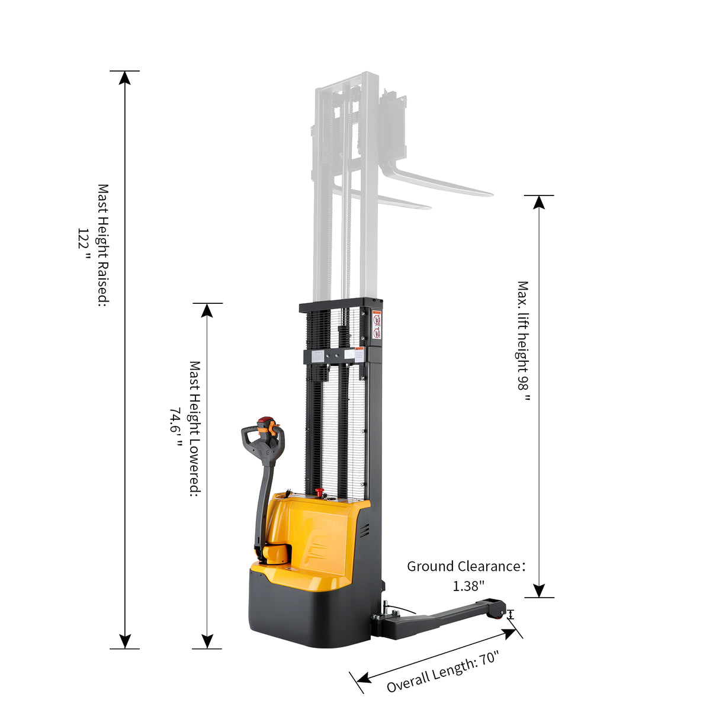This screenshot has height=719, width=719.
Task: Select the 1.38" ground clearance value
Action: click(x=468, y=586)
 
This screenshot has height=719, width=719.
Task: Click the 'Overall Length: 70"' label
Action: click(x=443, y=671)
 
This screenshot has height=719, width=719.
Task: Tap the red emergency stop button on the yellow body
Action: click(x=320, y=493)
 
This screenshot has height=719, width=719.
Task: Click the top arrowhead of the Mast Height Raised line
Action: click(x=124, y=78)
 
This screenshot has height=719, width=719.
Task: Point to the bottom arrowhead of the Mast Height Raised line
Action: click(x=124, y=641)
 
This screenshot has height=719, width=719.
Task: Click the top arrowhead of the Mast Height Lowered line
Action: click(x=207, y=310)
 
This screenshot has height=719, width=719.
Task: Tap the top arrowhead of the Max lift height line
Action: click(x=539, y=202)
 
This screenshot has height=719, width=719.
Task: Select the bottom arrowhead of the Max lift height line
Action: click(x=539, y=590)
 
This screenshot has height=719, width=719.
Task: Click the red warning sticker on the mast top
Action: click(x=377, y=325)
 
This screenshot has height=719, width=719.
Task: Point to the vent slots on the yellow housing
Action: click(x=364, y=529)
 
